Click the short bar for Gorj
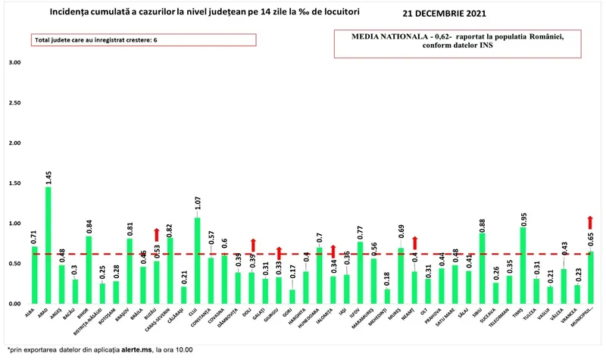[292, 296]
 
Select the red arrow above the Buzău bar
[157, 235]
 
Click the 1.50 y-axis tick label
[14, 183]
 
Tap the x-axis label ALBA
[30, 312]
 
